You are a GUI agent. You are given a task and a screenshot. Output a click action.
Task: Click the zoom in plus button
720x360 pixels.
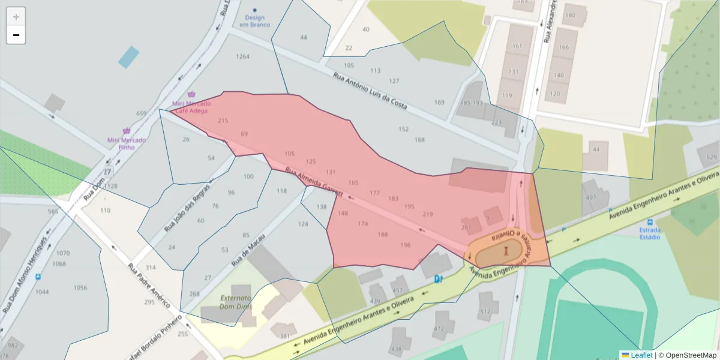coord(16,17)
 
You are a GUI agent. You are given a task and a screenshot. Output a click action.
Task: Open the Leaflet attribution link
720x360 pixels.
coord(641,355)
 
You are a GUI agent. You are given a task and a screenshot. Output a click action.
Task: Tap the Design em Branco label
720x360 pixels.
coord(254,21)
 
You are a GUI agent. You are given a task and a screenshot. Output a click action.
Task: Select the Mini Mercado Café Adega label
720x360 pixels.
coord(191,107)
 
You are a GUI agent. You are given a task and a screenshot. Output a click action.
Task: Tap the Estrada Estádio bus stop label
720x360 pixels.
coord(650,233)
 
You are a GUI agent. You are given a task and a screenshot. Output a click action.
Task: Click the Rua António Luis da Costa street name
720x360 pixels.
coord(370,92)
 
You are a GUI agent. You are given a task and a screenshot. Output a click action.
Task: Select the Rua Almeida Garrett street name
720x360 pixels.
coord(313,182)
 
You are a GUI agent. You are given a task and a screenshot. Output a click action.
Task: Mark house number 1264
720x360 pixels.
coord(242,56)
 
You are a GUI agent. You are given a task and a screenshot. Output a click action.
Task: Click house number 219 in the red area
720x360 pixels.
coord(427,214)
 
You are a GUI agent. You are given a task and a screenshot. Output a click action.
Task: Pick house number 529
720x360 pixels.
coord(712,157)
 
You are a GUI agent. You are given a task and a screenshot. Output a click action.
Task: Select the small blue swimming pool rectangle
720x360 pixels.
coord(128,57)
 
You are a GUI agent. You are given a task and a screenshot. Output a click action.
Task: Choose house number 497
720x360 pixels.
coord(591,197)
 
